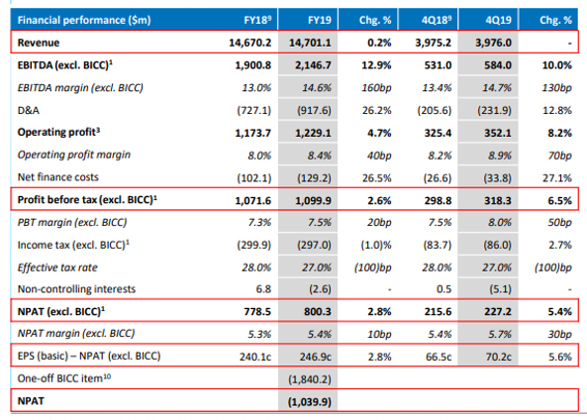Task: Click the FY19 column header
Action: tap(320, 20)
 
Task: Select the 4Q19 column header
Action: tap(498, 20)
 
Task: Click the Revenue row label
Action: tap(39, 43)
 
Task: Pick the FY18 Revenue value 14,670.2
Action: tap(249, 43)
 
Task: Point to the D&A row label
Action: tap(29, 110)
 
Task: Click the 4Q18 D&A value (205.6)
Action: tap(435, 111)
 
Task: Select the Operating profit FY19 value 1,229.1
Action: tap(313, 133)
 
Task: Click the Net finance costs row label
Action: tap(58, 177)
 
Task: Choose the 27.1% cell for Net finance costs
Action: tap(557, 178)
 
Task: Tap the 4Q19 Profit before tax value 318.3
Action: tap(498, 200)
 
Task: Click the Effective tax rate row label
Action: tap(57, 267)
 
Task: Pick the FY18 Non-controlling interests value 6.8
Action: tap(263, 289)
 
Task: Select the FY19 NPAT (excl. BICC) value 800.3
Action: tap(318, 312)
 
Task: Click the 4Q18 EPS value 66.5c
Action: tap(439, 357)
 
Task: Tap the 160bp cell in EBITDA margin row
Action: tap(376, 88)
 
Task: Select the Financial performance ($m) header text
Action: tap(84, 20)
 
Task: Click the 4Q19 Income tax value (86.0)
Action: tap(497, 245)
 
